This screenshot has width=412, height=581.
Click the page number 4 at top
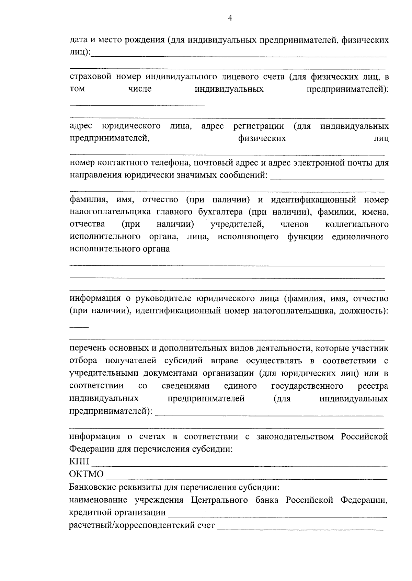click(x=230, y=18)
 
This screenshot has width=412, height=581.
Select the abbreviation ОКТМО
click(x=86, y=474)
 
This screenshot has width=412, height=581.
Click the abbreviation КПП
click(x=79, y=462)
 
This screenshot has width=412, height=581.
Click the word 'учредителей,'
click(x=237, y=224)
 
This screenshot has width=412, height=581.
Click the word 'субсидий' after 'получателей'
click(x=184, y=361)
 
